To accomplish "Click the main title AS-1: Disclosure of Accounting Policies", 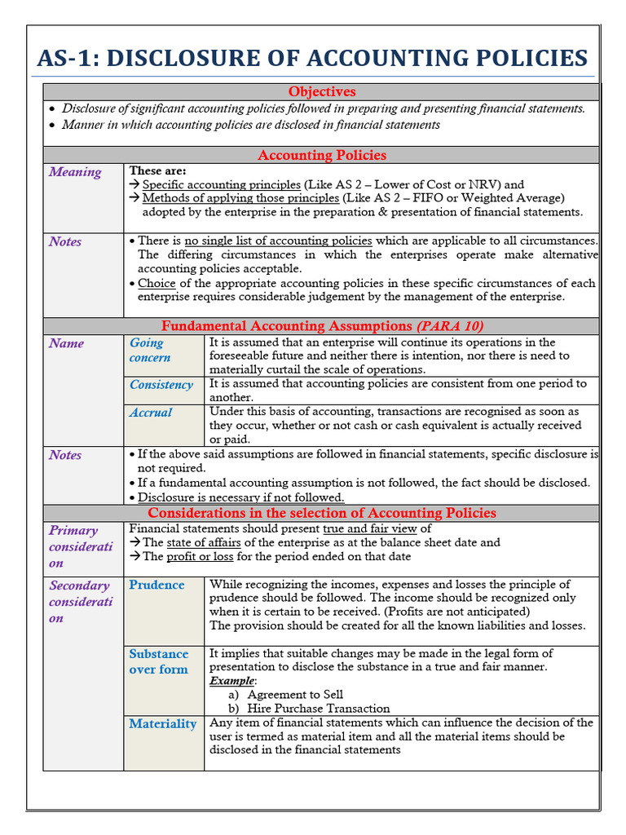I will (x=312, y=59).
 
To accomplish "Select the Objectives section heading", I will (x=322, y=92).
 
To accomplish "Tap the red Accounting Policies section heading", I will (x=322, y=155).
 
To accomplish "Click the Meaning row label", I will (x=75, y=172).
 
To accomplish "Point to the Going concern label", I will (x=150, y=351).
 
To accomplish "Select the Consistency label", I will (x=161, y=385).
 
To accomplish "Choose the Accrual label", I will (x=151, y=413).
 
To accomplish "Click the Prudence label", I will (x=156, y=585).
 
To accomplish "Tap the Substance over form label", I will (x=158, y=661).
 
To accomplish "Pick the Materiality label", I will (x=162, y=723).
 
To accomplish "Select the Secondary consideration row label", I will (x=80, y=601).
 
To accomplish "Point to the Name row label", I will (x=66, y=343).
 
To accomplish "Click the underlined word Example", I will (x=232, y=680).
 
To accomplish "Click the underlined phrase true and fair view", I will (x=370, y=528).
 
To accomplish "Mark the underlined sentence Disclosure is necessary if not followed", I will (x=240, y=497).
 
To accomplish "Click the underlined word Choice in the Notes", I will (x=156, y=283).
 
